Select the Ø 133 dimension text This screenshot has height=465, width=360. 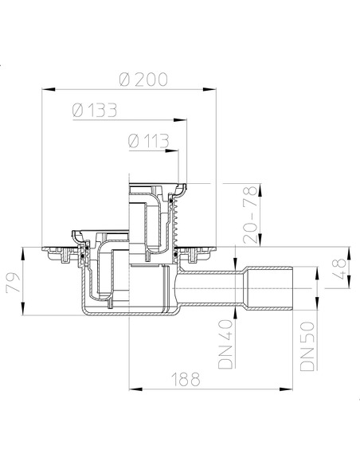point(95,111)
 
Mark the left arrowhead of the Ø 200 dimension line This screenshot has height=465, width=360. point(43,90)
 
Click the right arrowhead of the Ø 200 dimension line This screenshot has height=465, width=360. point(215,90)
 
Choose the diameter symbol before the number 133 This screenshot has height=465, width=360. point(77,111)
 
